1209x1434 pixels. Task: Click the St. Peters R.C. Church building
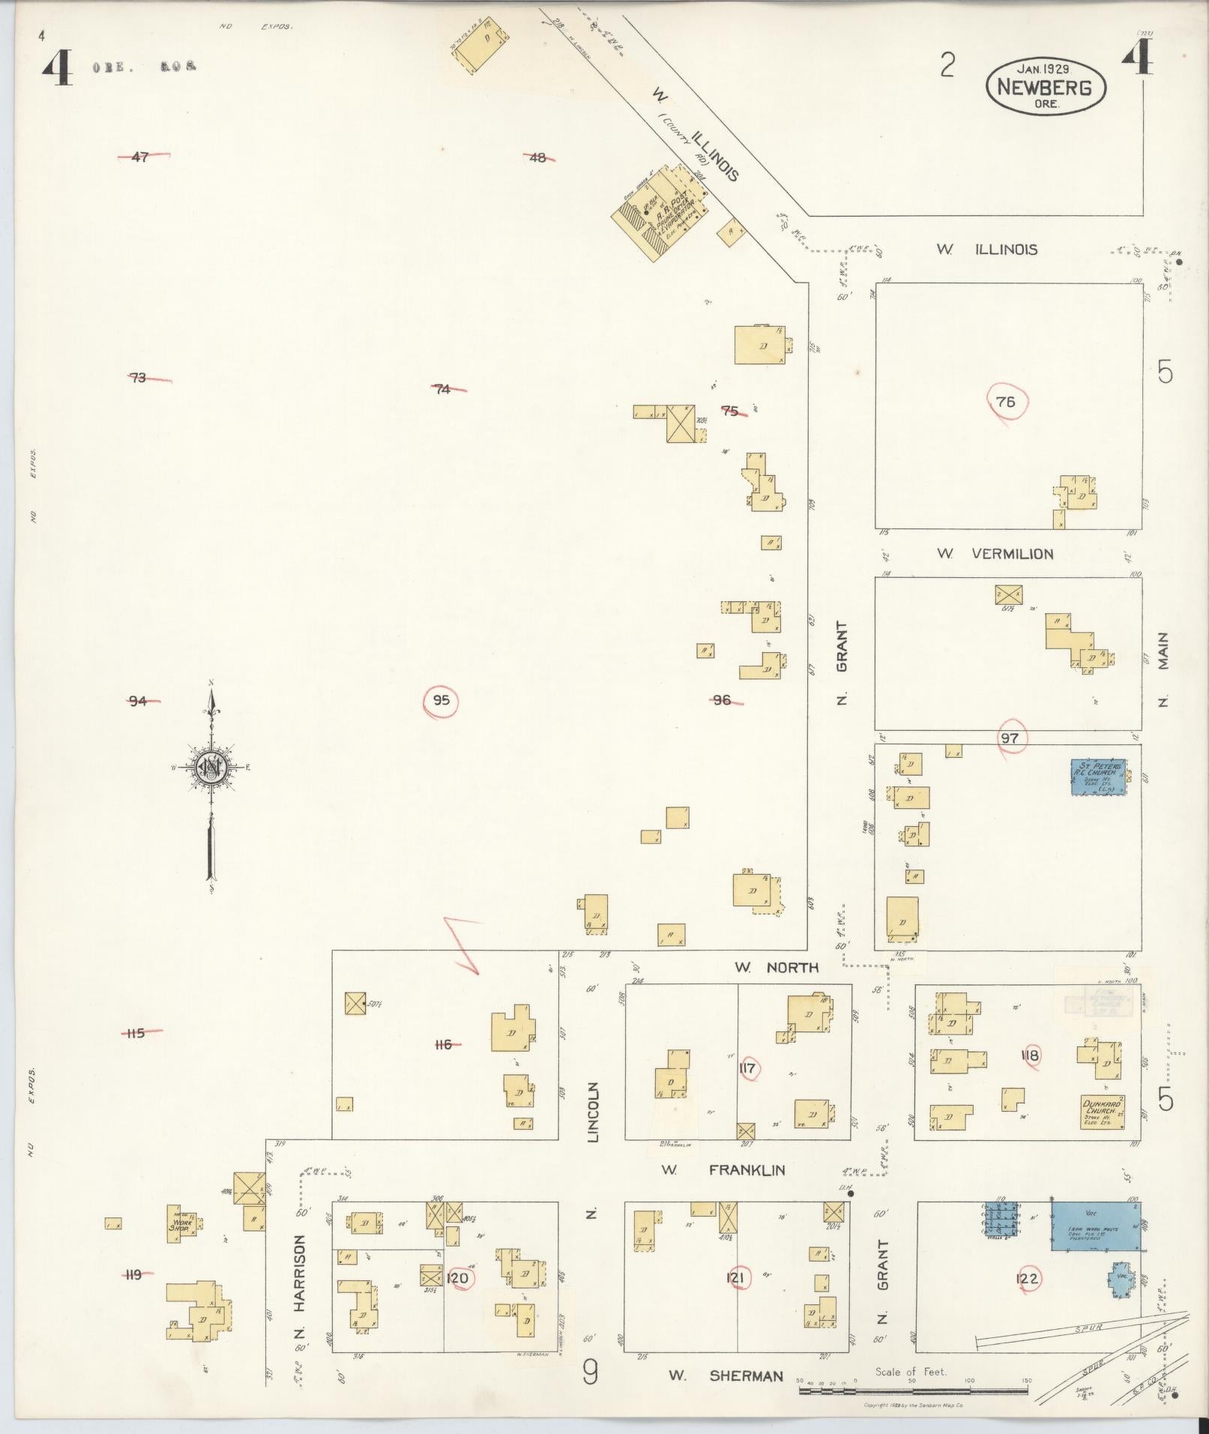(x=1098, y=777)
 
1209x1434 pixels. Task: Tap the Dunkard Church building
(x=1102, y=1112)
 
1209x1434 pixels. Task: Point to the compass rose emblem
(x=211, y=768)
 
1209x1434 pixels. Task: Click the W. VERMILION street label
(x=995, y=554)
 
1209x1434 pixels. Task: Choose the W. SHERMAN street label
(x=726, y=1376)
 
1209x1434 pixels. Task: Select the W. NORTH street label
(x=776, y=968)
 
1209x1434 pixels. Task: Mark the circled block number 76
(x=1006, y=403)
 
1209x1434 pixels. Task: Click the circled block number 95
(x=441, y=701)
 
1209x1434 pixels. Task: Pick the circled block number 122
(x=1027, y=1279)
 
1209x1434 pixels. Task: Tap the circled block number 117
(x=747, y=1068)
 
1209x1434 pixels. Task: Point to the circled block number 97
(x=1010, y=738)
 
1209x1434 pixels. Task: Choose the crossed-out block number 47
(x=140, y=157)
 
